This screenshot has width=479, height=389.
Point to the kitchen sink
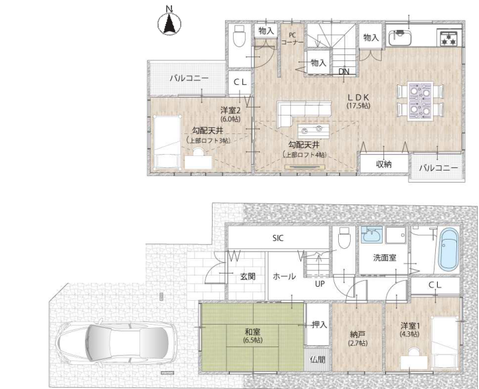pyautogui.click(x=400, y=37)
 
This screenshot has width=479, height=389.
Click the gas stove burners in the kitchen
pyautogui.click(x=448, y=38)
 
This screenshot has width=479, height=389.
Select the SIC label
pyautogui.click(x=278, y=238)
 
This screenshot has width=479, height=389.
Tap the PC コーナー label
pyautogui.click(x=292, y=39)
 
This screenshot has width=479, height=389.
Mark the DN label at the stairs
pyautogui.click(x=343, y=72)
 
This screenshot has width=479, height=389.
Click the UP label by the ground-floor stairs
pyautogui.click(x=320, y=284)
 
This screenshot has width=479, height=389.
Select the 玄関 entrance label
pyautogui.click(x=248, y=277)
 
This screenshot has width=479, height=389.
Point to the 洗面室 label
pyautogui.click(x=385, y=258)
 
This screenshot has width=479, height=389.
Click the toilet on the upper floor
pyautogui.click(x=239, y=35)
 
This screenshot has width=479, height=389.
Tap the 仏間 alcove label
pyautogui.click(x=318, y=359)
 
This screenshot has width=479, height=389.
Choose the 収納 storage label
pyautogui.click(x=384, y=164)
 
